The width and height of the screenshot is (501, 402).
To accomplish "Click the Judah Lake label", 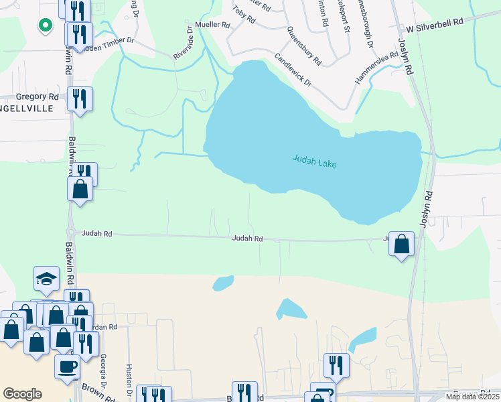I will tap(314, 161).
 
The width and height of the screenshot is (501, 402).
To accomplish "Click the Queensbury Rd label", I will tap(303, 46).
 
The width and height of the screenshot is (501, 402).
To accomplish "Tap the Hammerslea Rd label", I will tap(370, 68).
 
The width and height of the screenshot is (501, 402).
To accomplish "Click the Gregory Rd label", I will tap(38, 97).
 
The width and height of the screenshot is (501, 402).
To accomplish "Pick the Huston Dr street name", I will tap(127, 379).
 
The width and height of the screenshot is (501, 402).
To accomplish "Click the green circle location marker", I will tap(45, 25).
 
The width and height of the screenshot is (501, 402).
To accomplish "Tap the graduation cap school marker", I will tap(46, 279).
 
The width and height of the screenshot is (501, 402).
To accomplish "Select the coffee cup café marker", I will tap(67, 366).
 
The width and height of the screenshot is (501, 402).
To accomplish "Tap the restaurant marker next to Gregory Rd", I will tap(80, 98).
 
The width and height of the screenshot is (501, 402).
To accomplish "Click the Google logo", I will tap(22, 394).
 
